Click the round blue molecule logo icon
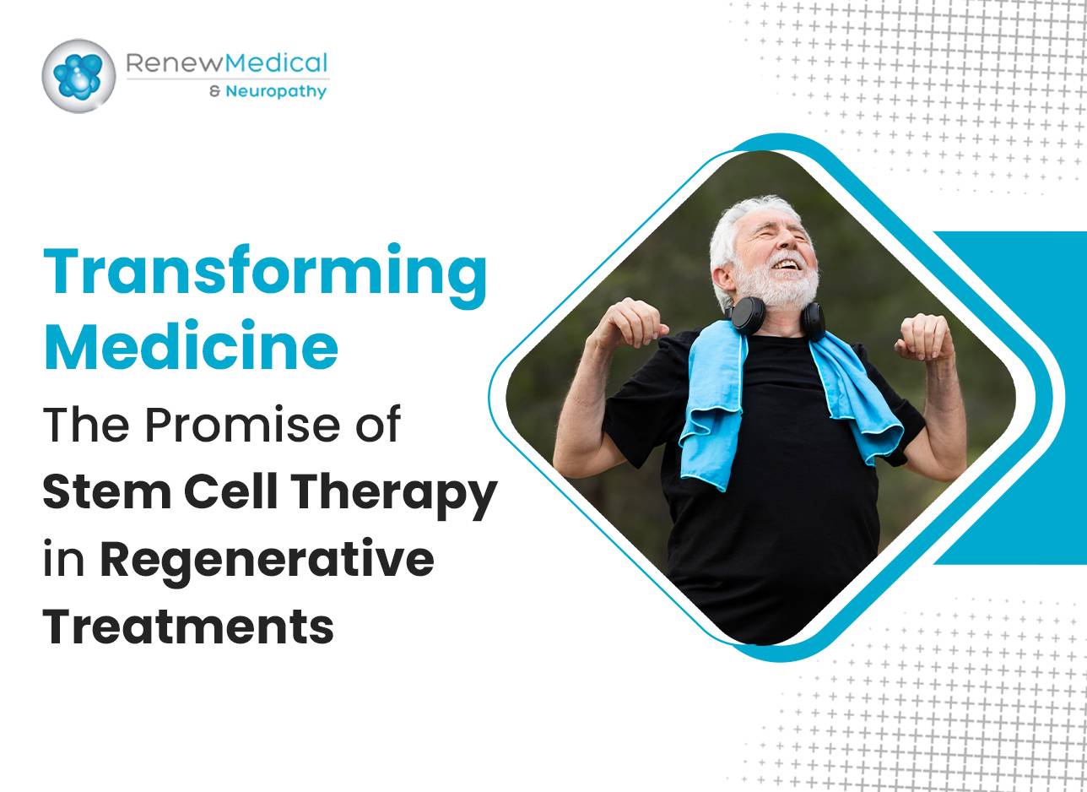[x=78, y=76]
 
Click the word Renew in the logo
[x=176, y=63]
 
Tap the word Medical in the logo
[x=277, y=63]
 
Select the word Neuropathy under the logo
[x=276, y=91]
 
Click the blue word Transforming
[x=265, y=275]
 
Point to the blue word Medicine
[x=192, y=345]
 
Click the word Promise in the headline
[x=241, y=425]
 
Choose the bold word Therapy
[x=393, y=496]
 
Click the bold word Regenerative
[x=267, y=563]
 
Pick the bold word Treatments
[x=189, y=626]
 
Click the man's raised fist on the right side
[x=922, y=337]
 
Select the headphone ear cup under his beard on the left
[x=746, y=316]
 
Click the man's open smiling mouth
[x=785, y=264]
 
